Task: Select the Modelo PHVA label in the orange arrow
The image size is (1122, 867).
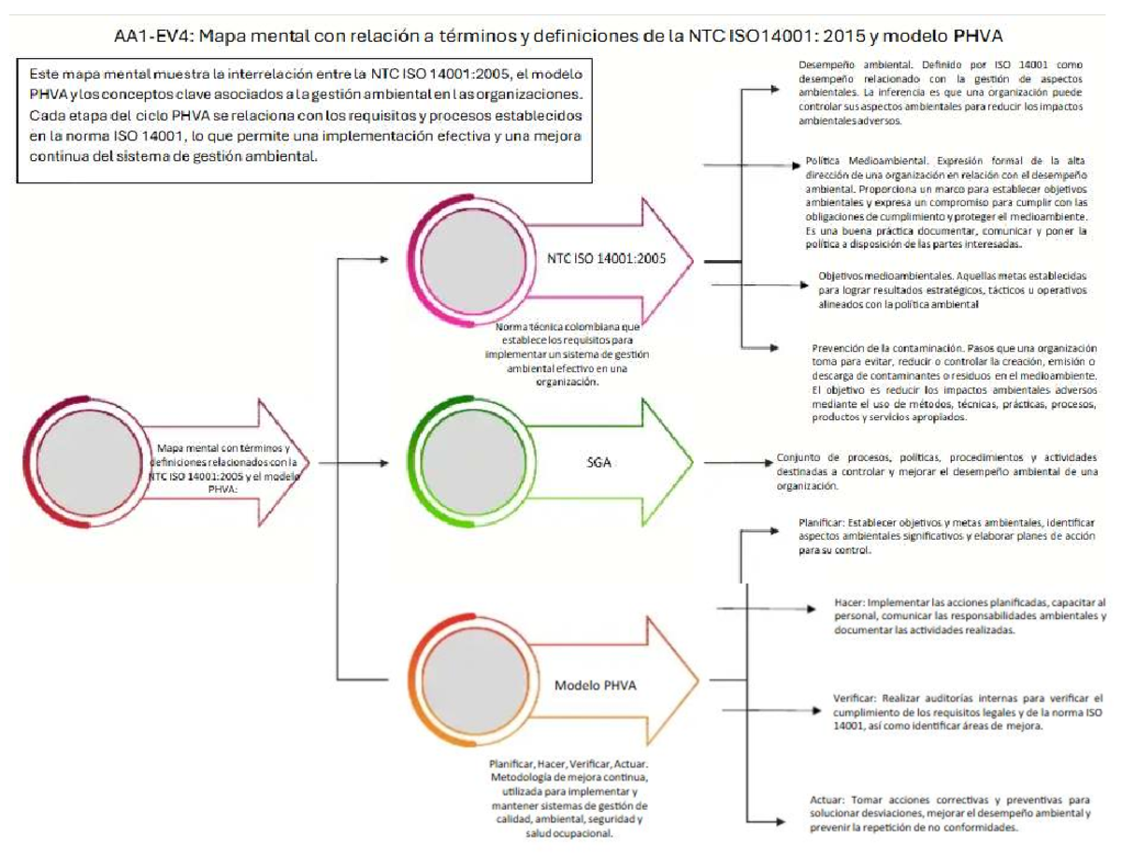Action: pyautogui.click(x=596, y=685)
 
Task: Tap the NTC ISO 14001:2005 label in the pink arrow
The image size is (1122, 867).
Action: pyautogui.click(x=607, y=259)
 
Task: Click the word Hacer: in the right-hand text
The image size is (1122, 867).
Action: pyautogui.click(x=854, y=602)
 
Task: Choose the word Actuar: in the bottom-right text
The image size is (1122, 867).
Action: pyautogui.click(x=828, y=801)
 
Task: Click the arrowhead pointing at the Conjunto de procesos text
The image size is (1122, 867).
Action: pyautogui.click(x=769, y=462)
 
